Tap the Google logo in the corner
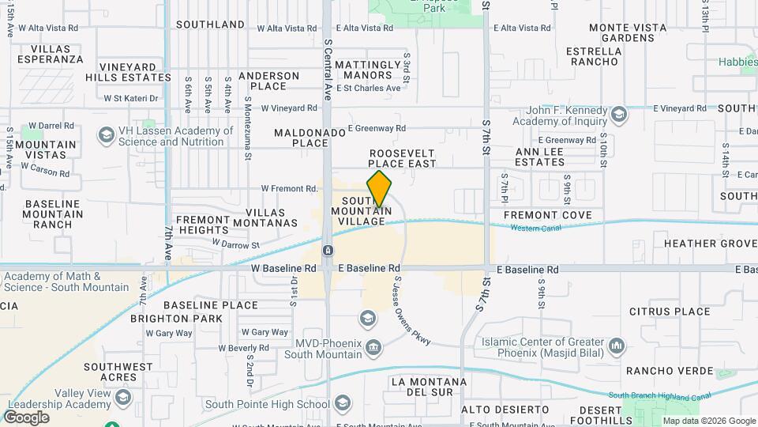[x=25, y=418]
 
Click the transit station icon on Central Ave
[x=327, y=251]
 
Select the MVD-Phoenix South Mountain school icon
[x=368, y=319]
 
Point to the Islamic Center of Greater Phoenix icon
[x=617, y=346]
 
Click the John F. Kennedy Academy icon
[x=619, y=115]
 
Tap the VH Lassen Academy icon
[x=105, y=136]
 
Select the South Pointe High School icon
[x=342, y=404]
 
